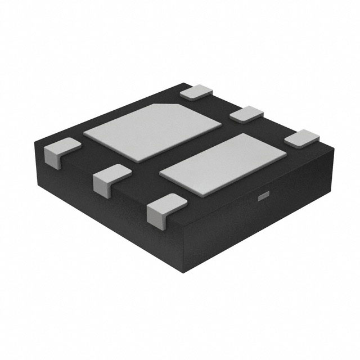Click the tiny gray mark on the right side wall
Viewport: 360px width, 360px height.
(262, 196)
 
